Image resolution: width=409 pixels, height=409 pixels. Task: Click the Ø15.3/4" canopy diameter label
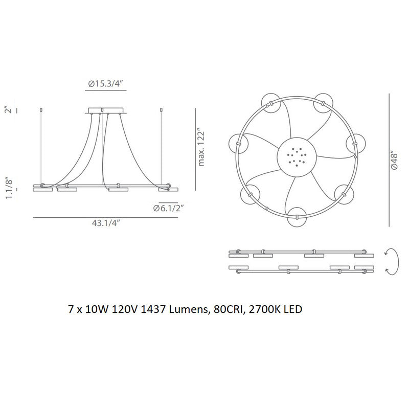(105, 84)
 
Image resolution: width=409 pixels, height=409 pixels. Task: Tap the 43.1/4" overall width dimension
(106, 223)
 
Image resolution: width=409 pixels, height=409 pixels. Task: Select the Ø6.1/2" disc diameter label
(169, 208)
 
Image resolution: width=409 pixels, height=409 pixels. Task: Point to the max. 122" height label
(201, 147)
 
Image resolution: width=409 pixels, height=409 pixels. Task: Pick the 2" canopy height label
(9, 110)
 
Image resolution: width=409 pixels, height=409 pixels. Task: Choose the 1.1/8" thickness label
(9, 189)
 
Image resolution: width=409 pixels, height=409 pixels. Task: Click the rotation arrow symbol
(392, 261)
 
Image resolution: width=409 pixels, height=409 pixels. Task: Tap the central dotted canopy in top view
(297, 157)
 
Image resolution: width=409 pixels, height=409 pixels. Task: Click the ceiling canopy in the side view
(106, 110)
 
